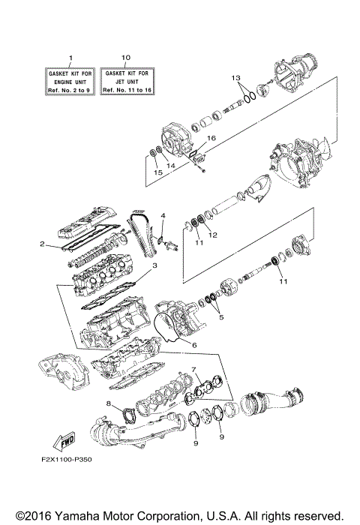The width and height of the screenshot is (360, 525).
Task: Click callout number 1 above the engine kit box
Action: (71, 58)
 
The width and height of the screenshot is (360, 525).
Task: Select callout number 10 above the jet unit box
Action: (125, 57)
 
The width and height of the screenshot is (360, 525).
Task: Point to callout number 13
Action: (235, 78)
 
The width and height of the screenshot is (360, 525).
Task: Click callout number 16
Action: (211, 139)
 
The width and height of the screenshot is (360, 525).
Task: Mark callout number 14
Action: (171, 165)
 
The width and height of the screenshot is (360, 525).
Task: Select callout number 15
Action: (157, 173)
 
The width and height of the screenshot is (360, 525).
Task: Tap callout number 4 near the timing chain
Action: (162, 217)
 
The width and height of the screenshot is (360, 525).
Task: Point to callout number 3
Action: (154, 265)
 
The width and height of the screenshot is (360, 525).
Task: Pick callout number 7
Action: (194, 369)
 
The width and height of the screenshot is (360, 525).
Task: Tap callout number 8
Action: (109, 403)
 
